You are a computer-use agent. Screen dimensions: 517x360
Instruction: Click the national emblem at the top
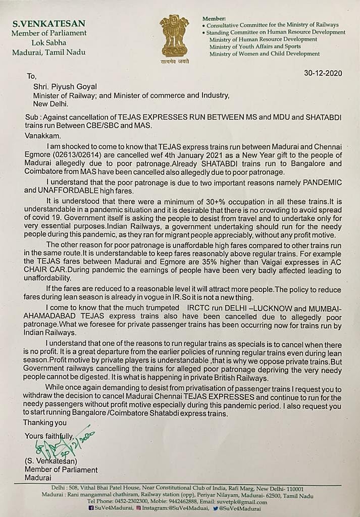coord(174,34)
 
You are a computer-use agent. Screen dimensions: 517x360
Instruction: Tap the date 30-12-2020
coord(323,73)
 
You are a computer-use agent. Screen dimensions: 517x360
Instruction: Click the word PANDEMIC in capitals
coord(317,182)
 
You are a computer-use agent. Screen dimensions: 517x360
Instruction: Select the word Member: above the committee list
coord(214,17)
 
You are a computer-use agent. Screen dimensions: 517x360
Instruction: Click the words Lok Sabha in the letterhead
coord(48,42)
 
